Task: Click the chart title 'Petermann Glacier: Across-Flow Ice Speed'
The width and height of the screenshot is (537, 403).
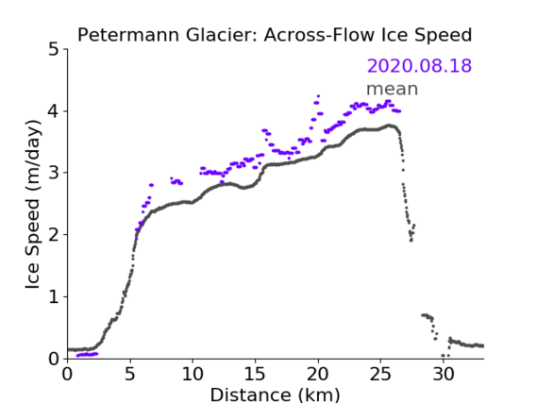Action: (275, 35)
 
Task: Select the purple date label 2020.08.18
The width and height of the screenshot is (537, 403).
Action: (419, 66)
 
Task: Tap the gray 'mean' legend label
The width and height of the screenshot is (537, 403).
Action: (393, 89)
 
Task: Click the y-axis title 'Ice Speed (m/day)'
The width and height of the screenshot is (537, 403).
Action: (33, 205)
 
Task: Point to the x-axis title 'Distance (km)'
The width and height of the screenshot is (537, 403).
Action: (275, 395)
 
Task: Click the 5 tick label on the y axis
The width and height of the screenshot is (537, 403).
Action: (54, 50)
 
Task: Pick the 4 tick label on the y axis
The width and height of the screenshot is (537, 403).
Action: (54, 111)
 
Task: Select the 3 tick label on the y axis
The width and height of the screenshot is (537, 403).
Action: (54, 173)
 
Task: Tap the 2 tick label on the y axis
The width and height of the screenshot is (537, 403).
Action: (54, 235)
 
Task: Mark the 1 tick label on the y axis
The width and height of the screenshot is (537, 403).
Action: (54, 297)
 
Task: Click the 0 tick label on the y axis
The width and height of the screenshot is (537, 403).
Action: (54, 359)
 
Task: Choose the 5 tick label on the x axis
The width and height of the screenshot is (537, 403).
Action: (130, 374)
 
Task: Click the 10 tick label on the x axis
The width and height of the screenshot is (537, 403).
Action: (193, 374)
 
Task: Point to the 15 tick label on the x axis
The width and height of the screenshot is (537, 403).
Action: (255, 374)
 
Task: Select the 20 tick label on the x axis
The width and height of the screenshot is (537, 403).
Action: (318, 374)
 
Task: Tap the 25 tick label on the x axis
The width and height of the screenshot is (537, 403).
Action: (380, 374)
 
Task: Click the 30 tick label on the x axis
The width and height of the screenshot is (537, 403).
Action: (444, 374)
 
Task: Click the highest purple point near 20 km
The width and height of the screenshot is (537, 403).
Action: (318, 96)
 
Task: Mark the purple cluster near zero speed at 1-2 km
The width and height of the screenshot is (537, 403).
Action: (87, 354)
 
